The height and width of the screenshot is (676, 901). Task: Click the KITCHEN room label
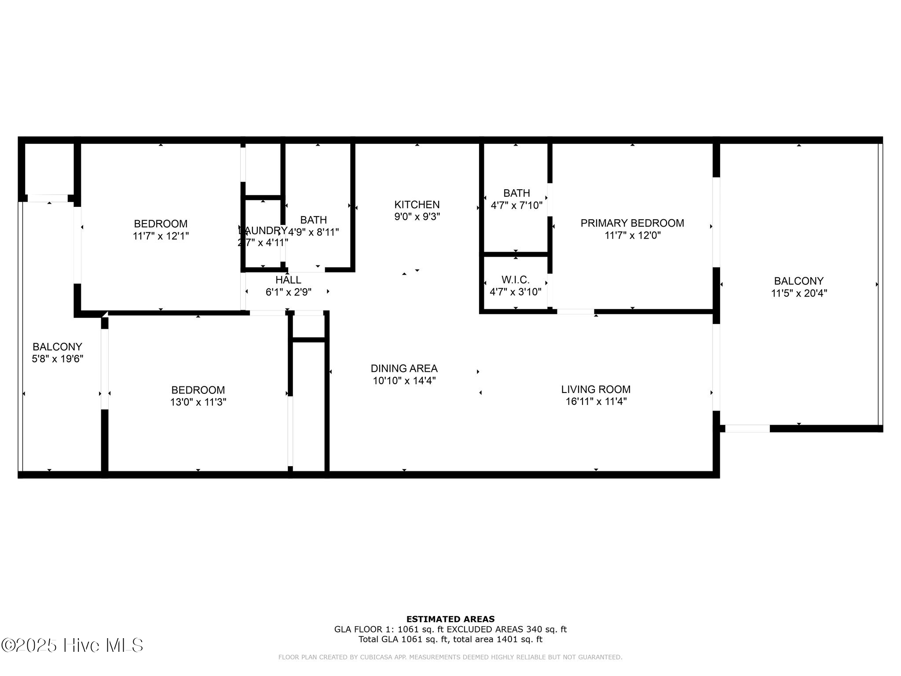[x=417, y=205]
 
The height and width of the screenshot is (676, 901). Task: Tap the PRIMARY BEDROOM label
[x=632, y=223]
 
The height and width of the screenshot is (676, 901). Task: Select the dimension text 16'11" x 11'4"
[x=596, y=401]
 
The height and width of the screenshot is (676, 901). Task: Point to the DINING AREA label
[x=404, y=368]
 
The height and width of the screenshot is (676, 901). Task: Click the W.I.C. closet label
[x=515, y=280]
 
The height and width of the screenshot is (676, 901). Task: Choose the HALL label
[x=288, y=280]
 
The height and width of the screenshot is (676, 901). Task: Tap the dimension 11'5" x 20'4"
[x=798, y=293]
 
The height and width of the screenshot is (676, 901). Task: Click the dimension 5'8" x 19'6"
[x=57, y=359]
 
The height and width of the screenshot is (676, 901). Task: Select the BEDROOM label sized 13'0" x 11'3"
[x=198, y=390]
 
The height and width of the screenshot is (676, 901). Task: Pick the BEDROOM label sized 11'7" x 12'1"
[x=161, y=224]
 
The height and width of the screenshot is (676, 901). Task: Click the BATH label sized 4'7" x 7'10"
[x=516, y=193]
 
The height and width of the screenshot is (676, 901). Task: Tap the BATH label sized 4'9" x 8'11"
[x=313, y=220]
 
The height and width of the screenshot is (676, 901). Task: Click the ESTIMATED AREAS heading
[x=450, y=619]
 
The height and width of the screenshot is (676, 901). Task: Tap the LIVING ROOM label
[x=596, y=389]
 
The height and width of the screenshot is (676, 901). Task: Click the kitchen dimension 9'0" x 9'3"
[x=417, y=217]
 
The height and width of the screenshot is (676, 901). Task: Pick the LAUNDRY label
[x=263, y=231]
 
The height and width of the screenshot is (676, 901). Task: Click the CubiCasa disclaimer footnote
[x=450, y=657]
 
